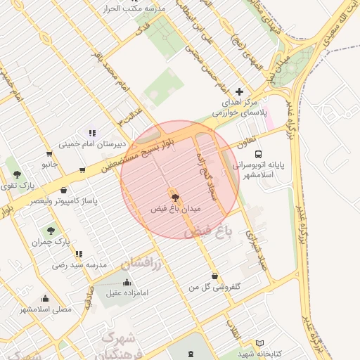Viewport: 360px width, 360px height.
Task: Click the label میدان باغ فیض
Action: pyautogui.click(x=176, y=209)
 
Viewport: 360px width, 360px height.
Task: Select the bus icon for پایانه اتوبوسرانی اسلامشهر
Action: pyautogui.click(x=259, y=153)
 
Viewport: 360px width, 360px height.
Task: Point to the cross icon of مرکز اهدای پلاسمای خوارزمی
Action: pyautogui.click(x=239, y=91)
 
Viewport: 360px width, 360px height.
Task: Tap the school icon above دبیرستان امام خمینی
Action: pyautogui.click(x=91, y=133)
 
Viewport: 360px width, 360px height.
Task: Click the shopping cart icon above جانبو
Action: pyautogui.click(x=49, y=154)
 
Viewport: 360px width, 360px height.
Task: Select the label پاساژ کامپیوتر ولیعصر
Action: pyautogui.click(x=64, y=200)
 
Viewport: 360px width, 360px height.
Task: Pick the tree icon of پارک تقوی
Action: pyautogui.click(x=17, y=174)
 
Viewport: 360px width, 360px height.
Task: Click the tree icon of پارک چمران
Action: pyautogui.click(x=51, y=230)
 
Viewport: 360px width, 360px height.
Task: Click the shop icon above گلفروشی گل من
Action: pyautogui.click(x=214, y=276)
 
